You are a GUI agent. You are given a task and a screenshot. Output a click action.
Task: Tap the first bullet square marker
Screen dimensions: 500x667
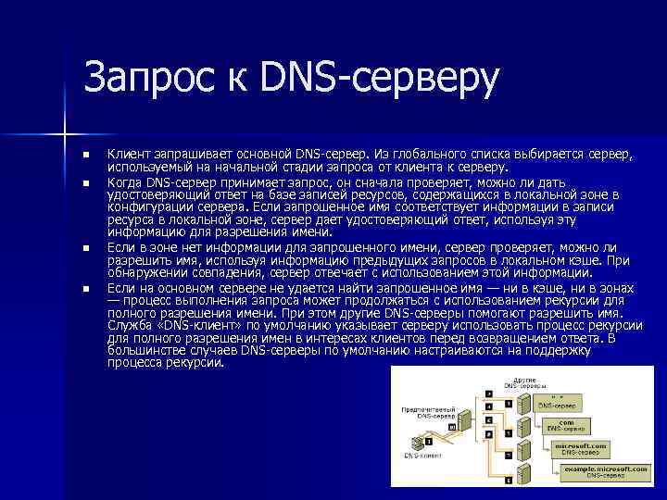coord(84,154)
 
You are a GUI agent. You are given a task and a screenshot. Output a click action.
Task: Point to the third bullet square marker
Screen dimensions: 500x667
coord(84,248)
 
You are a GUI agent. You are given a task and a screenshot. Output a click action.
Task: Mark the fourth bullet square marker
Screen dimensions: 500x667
coord(84,289)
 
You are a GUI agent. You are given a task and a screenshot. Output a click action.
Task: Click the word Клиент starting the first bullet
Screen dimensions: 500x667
coord(127,152)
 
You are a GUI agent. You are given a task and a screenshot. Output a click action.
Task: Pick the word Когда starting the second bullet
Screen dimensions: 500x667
coord(126,182)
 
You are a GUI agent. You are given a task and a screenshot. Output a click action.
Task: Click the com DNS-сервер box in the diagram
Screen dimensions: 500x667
coord(564,425)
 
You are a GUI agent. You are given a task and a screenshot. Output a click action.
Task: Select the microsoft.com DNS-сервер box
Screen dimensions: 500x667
coord(581,448)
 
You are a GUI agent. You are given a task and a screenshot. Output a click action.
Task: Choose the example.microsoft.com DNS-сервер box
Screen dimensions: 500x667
coord(606,472)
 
